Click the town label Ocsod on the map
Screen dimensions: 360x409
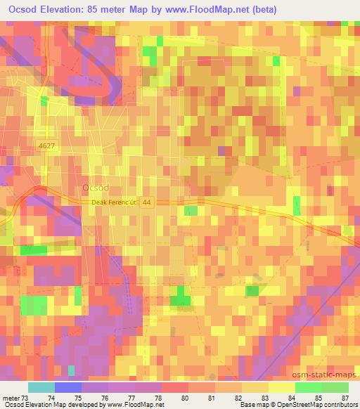pos(94,188)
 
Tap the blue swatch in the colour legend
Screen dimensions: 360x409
pos(67,387)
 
